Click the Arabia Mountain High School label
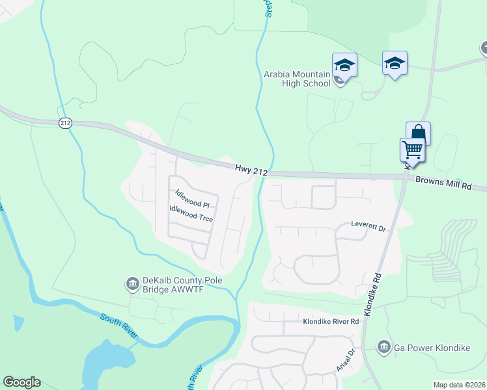click(x=297, y=79)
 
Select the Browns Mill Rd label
click(x=443, y=185)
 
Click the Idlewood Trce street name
click(x=191, y=213)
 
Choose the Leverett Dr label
click(x=369, y=228)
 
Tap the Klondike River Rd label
click(x=331, y=321)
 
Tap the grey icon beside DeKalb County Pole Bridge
click(x=132, y=283)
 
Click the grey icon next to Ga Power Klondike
click(x=384, y=347)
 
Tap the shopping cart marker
click(x=412, y=149)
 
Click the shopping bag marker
click(x=418, y=133)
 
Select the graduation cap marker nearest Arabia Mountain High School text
click(x=344, y=65)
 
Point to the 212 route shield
click(x=64, y=122)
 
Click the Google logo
click(x=21, y=382)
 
